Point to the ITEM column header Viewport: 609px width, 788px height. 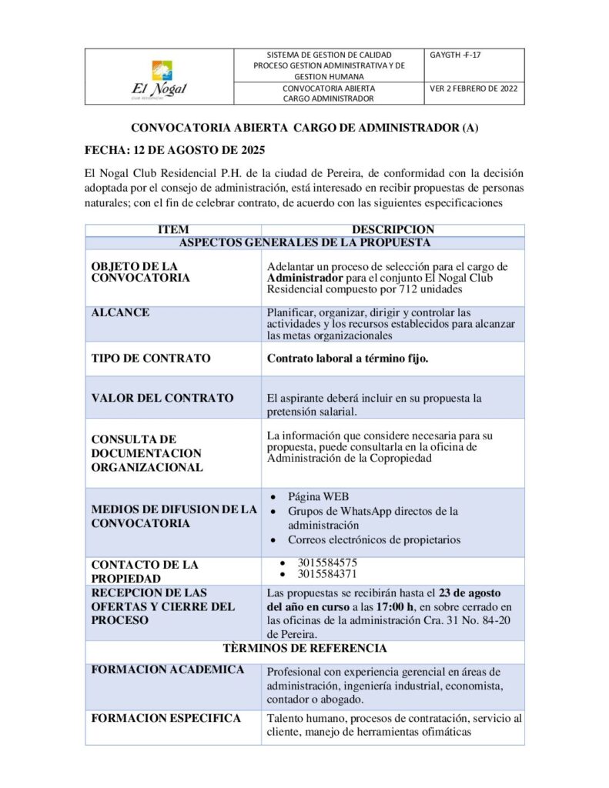pyautogui.click(x=172, y=229)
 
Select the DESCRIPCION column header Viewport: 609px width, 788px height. pyautogui.click(x=393, y=229)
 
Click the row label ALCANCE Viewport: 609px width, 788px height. pyautogui.click(x=120, y=313)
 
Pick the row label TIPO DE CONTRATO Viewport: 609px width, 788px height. pyautogui.click(x=151, y=358)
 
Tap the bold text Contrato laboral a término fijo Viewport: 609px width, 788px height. pyautogui.click(x=347, y=358)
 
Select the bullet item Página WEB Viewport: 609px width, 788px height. pyautogui.click(x=318, y=496)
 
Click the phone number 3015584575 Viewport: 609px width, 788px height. pyautogui.click(x=327, y=563)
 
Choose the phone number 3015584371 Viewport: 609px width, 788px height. pyautogui.click(x=327, y=574)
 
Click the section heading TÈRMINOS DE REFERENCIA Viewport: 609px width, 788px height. pyautogui.click(x=304, y=649)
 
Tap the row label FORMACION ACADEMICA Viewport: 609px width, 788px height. pyautogui.click(x=168, y=669)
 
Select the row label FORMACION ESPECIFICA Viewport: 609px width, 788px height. pyautogui.click(x=166, y=718)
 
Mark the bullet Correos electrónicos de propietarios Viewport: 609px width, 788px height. pyautogui.click(x=374, y=539)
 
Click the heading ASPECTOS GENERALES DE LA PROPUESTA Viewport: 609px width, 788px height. pyautogui.click(x=304, y=242)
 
